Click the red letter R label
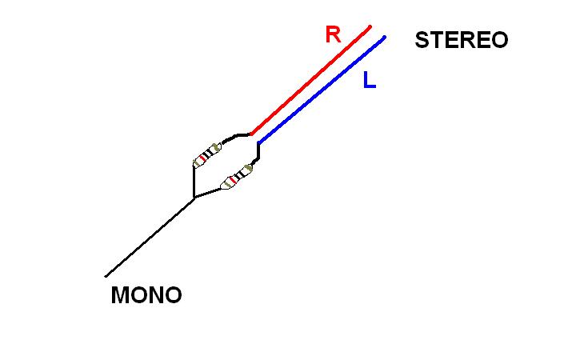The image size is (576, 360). pyautogui.click(x=333, y=34)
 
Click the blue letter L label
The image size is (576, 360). pyautogui.click(x=369, y=80)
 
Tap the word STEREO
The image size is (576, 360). pyautogui.click(x=461, y=41)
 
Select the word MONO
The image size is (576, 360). pyautogui.click(x=146, y=295)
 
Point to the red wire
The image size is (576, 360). pyautogui.click(x=312, y=79)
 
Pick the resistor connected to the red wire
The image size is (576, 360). pyautogui.click(x=207, y=154)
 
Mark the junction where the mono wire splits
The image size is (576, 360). pyautogui.click(x=194, y=197)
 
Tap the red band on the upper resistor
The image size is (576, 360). pyautogui.click(x=202, y=158)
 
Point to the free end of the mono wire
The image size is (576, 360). pyautogui.click(x=106, y=276)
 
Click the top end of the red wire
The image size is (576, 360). pyautogui.click(x=370, y=26)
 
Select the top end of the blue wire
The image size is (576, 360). pyautogui.click(x=385, y=36)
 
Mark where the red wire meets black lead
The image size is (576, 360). pyautogui.click(x=251, y=134)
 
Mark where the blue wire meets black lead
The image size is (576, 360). pyautogui.click(x=258, y=143)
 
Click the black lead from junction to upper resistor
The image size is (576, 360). pyautogui.click(x=194, y=180)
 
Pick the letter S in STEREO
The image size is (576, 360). pyautogui.click(x=422, y=41)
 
